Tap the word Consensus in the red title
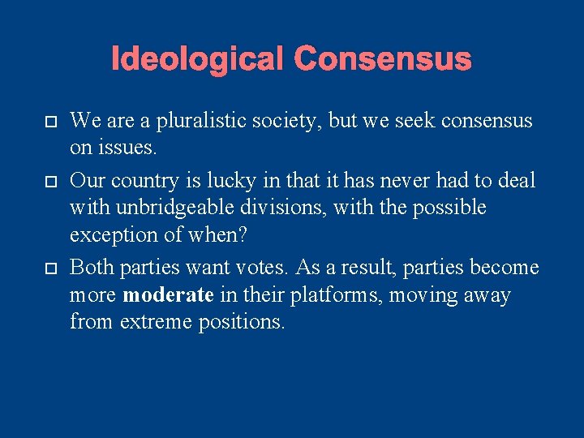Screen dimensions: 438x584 pyautogui.click(x=382, y=59)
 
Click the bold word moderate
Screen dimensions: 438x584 pyautogui.click(x=168, y=294)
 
